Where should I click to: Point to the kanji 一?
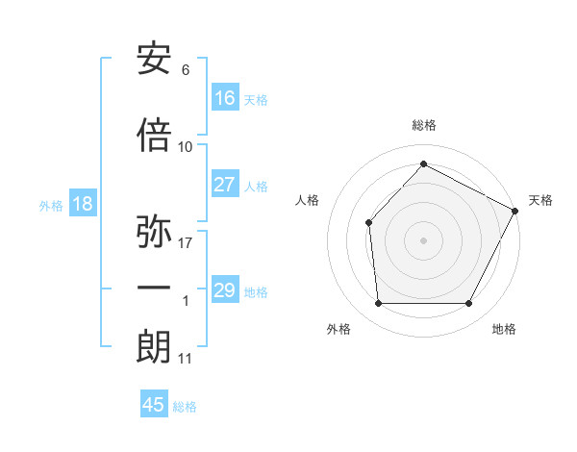point(154,288)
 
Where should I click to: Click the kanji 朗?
point(154,346)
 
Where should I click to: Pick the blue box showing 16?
point(225,98)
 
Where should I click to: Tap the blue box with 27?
point(225,185)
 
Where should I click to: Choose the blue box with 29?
point(225,290)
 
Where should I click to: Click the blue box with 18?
point(82,204)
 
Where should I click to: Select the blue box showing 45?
point(154,405)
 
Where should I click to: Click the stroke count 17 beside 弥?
point(186,242)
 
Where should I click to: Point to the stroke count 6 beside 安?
point(185,69)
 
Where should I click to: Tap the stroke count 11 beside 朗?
point(185,359)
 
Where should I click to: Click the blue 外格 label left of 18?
point(51,205)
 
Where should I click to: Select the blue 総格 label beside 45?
point(185,406)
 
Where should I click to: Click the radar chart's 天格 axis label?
point(540,200)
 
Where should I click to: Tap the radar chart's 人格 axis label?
point(307,200)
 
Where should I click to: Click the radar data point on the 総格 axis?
point(423,164)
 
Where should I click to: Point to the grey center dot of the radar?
point(423,239)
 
